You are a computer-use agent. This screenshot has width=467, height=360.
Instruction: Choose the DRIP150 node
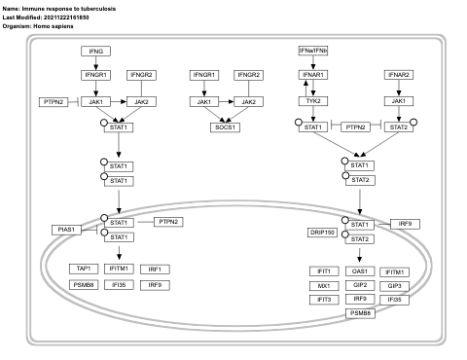pos(322,233)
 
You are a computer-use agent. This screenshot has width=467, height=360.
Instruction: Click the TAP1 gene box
pos(84,269)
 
